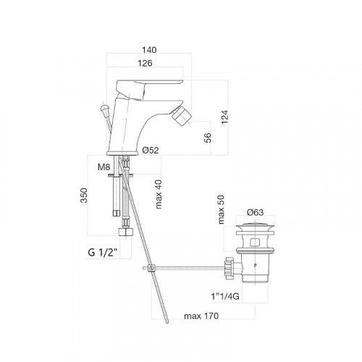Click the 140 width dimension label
[149, 50]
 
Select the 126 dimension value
[145, 63]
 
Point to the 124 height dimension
[224, 117]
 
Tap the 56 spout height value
[208, 138]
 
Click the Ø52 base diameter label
[151, 151]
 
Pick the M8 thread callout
[104, 167]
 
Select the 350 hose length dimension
[84, 195]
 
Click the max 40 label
[159, 194]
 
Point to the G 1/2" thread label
[103, 253]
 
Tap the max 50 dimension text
[221, 209]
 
